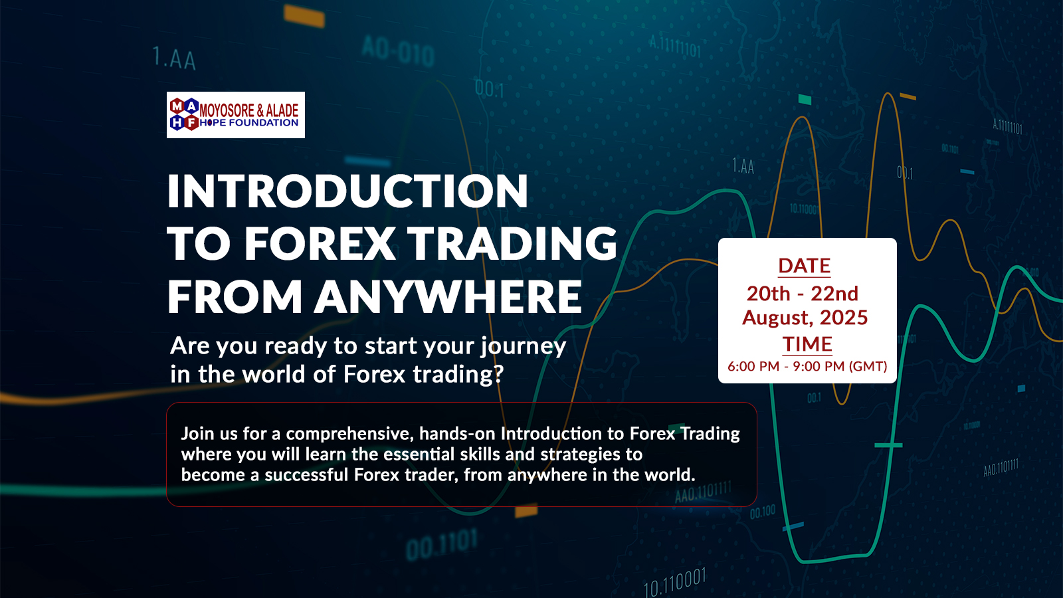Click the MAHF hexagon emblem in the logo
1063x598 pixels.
(184, 114)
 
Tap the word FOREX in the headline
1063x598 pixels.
(319, 243)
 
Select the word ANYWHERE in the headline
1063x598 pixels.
(448, 296)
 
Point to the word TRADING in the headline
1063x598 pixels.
(512, 243)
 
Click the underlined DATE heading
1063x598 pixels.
(805, 266)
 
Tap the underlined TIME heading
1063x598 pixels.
(807, 344)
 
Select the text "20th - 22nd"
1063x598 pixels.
(803, 294)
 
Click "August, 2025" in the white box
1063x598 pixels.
(805, 318)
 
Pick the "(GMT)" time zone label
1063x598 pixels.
(868, 366)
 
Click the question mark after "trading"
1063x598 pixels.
(498, 374)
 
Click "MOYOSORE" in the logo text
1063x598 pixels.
(227, 110)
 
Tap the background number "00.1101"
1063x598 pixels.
(442, 545)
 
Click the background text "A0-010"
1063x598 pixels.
(398, 51)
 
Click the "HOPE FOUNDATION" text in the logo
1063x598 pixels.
(249, 123)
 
